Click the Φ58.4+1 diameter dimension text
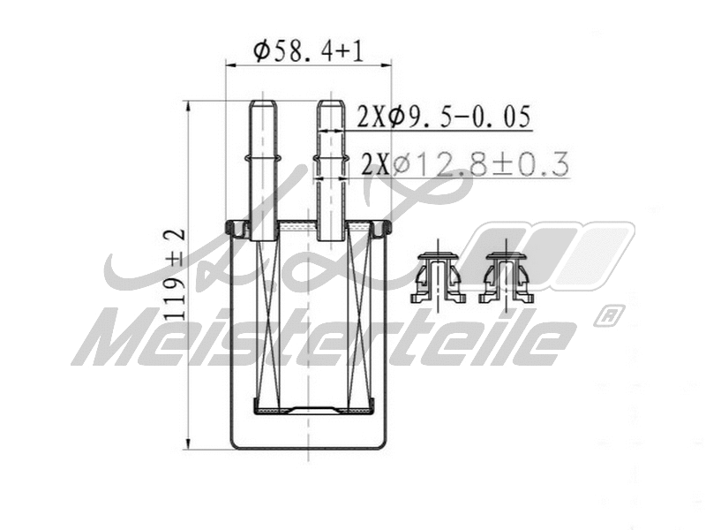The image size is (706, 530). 308,50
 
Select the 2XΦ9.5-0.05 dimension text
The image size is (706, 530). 444,117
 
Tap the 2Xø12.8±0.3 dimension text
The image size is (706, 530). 464,164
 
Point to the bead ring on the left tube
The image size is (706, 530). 264,160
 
